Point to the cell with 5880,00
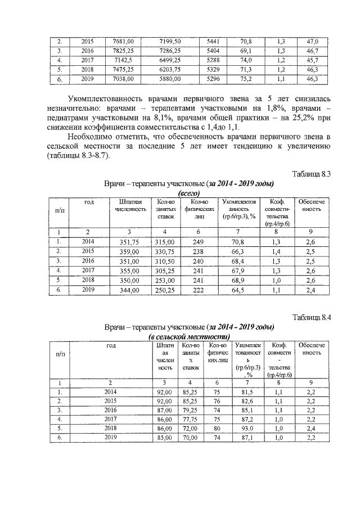pyautogui.click(x=170, y=79)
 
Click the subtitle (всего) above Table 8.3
pyautogui.click(x=189, y=193)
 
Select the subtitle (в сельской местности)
pyautogui.click(x=189, y=336)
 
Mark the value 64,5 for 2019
pyautogui.click(x=238, y=290)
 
